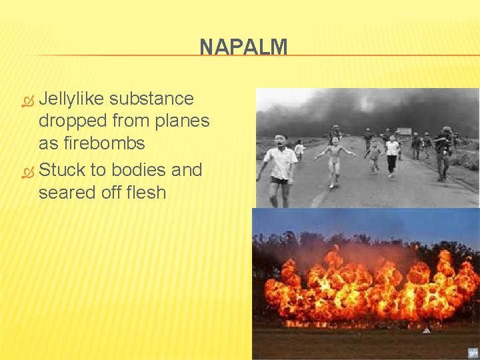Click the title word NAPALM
[x=243, y=47]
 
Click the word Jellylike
[x=71, y=99]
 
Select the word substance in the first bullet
[x=151, y=99]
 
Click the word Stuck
[x=63, y=170]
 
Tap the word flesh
[x=145, y=193]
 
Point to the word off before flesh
[x=110, y=193]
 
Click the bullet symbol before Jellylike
[x=27, y=100]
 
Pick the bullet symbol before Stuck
[x=27, y=171]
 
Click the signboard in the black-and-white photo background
[x=404, y=131]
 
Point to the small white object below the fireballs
[x=425, y=329]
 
